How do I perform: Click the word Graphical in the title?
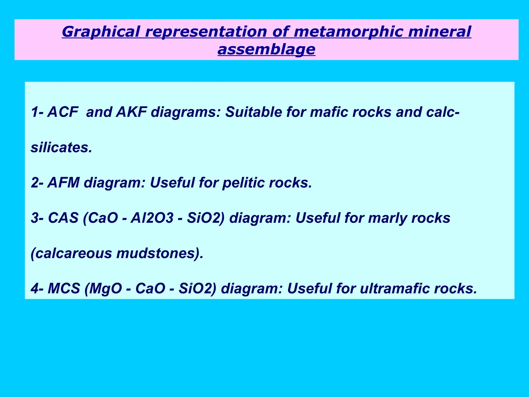pyautogui.click(x=101, y=32)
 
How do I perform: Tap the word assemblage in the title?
pyautogui.click(x=266, y=49)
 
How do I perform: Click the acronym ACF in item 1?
pyautogui.click(x=63, y=112)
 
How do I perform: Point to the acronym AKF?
pyautogui.click(x=131, y=112)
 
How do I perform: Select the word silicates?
pyautogui.click(x=61, y=148)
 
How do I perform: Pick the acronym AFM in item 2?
pyautogui.click(x=64, y=183)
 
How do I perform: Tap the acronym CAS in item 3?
pyautogui.click(x=63, y=218)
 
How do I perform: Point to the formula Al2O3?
pyautogui.click(x=152, y=218)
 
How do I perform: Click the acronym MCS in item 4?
pyautogui.click(x=64, y=288)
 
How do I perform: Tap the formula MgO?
pyautogui.click(x=103, y=288)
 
